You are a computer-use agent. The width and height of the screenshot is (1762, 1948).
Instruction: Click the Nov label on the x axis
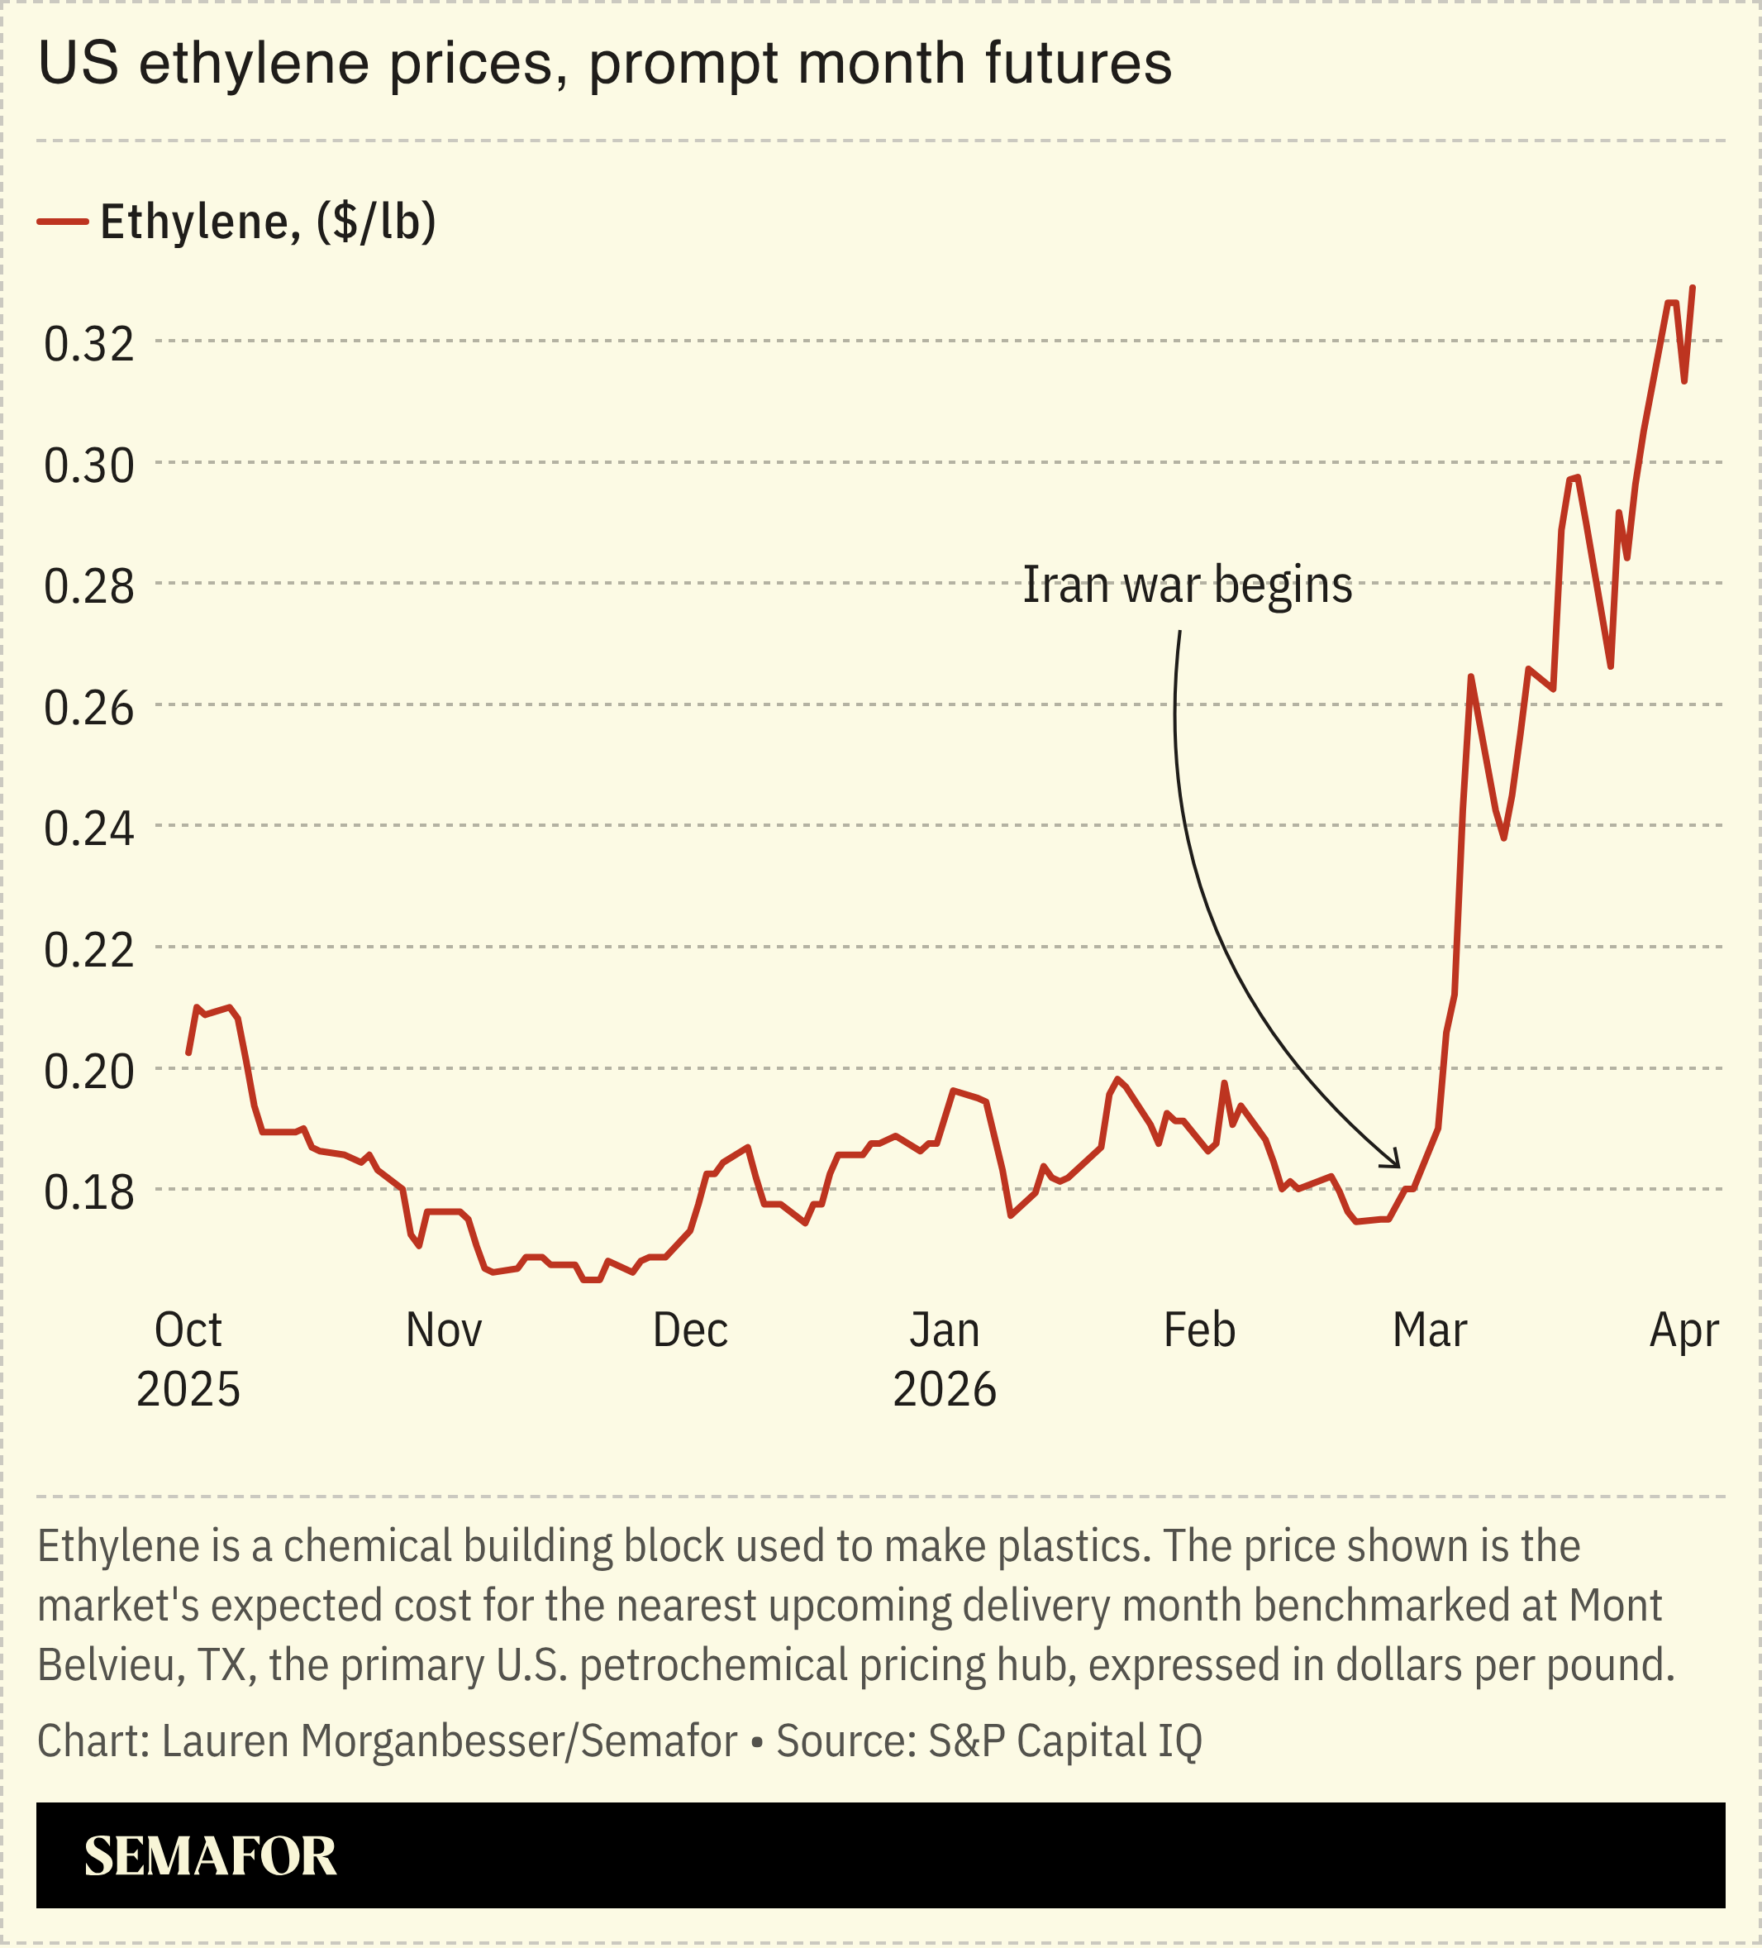coord(444,1330)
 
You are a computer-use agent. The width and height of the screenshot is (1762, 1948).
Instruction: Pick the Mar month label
coord(1429,1330)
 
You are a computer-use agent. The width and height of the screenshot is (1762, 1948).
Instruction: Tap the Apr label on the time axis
coord(1683,1330)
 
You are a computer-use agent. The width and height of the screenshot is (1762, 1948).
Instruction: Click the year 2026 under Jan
coord(944,1390)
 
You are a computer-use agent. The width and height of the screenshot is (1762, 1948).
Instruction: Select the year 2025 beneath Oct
coord(188,1390)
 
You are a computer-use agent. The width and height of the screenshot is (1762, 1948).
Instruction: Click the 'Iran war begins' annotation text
coord(1188,585)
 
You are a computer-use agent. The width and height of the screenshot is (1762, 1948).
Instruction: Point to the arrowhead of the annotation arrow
coord(1397,1164)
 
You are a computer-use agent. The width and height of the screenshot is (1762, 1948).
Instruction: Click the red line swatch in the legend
coord(63,222)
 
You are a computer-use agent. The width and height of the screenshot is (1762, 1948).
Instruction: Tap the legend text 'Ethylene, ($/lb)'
coord(269,222)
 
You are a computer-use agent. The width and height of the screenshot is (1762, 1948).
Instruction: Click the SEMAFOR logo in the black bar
coord(210,1856)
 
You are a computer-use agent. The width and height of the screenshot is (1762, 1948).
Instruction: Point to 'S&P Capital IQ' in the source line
coord(1064,1741)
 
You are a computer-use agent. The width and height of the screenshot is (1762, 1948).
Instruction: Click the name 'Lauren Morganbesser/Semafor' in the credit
coord(450,1741)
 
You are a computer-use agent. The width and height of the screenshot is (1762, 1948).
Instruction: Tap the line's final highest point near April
coord(1693,288)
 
